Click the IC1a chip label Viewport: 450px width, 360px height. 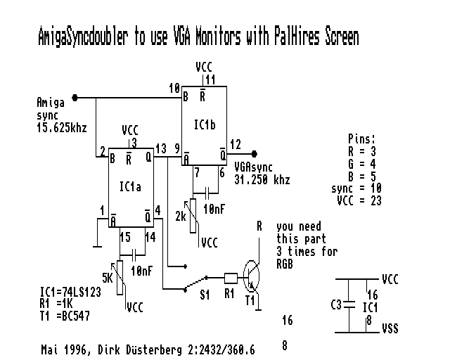pyautogui.click(x=130, y=186)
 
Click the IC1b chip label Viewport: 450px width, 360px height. pyautogui.click(x=205, y=124)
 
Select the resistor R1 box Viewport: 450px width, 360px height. pyautogui.click(x=231, y=276)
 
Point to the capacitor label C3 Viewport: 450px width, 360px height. pyautogui.click(x=336, y=305)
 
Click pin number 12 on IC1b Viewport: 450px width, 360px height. pyautogui.click(x=236, y=144)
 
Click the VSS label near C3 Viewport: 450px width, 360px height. pyautogui.click(x=390, y=328)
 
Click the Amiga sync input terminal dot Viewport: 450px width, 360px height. pyautogui.click(x=75, y=98)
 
